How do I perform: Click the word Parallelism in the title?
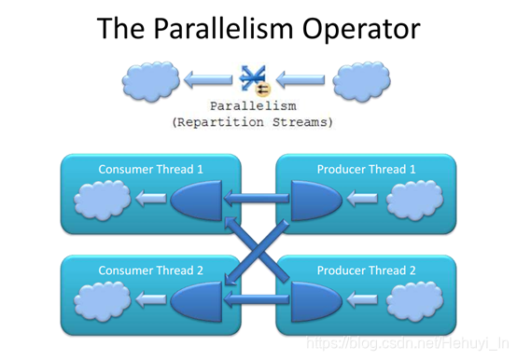coord(223,29)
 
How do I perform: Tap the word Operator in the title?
coord(361,29)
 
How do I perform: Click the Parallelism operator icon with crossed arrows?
coord(255,80)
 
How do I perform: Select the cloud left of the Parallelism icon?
coord(150,81)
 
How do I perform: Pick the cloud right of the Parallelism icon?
coord(361,81)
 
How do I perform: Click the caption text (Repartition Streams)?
coord(253,122)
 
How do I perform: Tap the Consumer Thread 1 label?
coord(150,170)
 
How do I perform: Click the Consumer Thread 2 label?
coord(150,270)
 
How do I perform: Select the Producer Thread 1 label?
coord(366,170)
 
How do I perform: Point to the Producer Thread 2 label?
coord(366,270)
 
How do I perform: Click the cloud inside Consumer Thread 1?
coord(103,200)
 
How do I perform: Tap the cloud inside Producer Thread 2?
coord(414,301)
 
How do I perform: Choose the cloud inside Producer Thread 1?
coord(414,200)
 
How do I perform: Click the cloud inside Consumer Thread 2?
coord(103,301)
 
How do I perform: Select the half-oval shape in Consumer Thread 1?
coord(197,201)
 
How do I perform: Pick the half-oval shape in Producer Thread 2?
coord(315,301)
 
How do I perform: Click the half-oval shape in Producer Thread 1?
coord(315,201)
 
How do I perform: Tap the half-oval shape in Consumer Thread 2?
coord(197,301)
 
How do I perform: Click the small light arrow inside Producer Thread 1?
coord(362,199)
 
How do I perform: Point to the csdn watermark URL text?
coord(408,342)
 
